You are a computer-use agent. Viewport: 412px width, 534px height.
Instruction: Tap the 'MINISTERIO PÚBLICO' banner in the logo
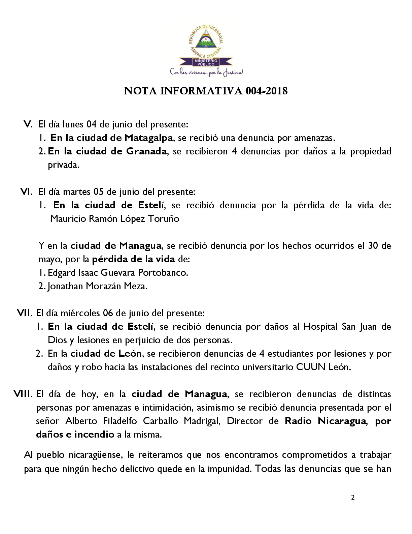tap(206, 62)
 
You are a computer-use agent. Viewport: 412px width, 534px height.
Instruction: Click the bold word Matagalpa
tap(148, 138)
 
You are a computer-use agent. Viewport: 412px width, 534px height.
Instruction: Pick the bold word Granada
tap(146, 151)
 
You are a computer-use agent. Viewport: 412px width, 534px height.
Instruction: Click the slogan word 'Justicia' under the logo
tap(233, 72)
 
